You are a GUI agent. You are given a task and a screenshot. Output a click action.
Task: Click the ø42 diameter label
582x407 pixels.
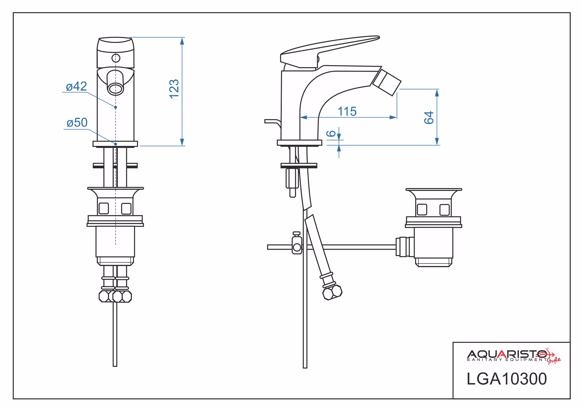tap(76, 86)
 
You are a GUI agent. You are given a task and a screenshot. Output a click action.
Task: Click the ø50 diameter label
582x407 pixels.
tap(77, 123)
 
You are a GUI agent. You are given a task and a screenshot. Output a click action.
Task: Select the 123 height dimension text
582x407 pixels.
tap(174, 89)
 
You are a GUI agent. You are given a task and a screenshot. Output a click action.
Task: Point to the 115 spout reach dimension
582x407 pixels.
tap(347, 111)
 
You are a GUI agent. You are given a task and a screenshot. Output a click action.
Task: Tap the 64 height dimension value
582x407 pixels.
tap(429, 118)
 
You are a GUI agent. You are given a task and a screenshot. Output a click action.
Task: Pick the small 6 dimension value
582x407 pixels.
tap(332, 133)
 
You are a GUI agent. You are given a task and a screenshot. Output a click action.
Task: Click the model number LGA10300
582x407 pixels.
tap(507, 379)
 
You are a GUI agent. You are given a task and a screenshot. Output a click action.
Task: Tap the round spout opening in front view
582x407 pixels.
tap(116, 89)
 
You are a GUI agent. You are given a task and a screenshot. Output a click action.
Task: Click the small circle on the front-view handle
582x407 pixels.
tap(116, 58)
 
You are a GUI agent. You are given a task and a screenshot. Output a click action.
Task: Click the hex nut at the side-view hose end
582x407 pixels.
tap(333, 292)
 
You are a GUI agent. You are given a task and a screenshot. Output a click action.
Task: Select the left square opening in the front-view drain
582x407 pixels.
tap(103, 208)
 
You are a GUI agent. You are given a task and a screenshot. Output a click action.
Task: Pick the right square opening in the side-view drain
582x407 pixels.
tap(444, 210)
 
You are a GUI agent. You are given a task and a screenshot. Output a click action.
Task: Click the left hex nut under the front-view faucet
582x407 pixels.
tap(105, 296)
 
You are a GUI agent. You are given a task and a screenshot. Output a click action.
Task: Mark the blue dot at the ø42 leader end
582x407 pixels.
tap(116, 107)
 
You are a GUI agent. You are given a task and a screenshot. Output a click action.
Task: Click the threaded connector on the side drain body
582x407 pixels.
tap(405, 247)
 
